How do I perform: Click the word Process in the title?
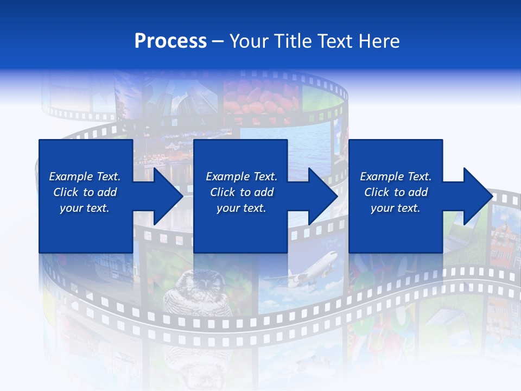coord(170,41)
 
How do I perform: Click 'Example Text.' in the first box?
coord(85,176)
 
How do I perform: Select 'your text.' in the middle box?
coord(241,208)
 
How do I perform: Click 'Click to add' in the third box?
coord(396,192)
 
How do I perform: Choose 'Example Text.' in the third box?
coord(396,176)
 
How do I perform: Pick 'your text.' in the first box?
coord(85,208)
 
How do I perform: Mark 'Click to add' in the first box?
coord(85,192)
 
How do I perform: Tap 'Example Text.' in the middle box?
coord(241,176)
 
